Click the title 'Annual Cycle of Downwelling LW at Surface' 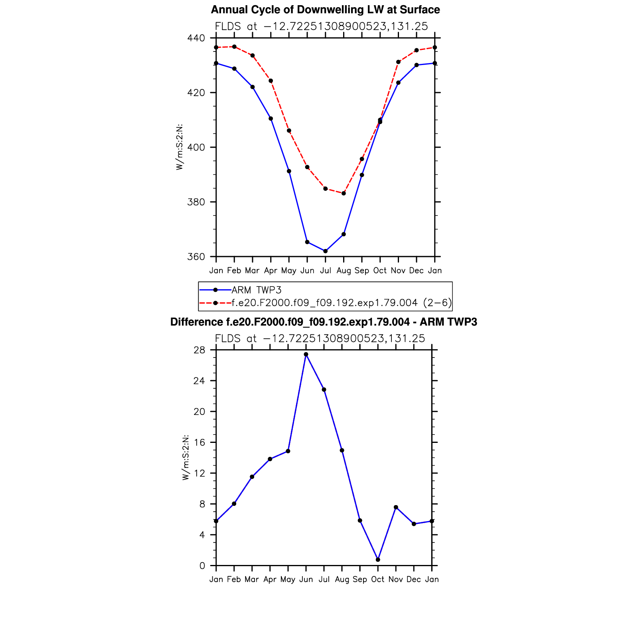click(x=325, y=10)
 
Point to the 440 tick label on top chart click(x=196, y=38)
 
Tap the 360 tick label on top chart click(x=196, y=257)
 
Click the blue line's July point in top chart click(x=326, y=251)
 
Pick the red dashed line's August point click(x=344, y=194)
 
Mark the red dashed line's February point click(x=234, y=47)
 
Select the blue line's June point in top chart click(x=307, y=242)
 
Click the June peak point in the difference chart click(x=306, y=354)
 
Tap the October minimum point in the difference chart click(x=378, y=560)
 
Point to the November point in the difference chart click(x=396, y=507)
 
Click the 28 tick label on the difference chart click(x=199, y=350)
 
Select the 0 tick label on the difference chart click(x=202, y=566)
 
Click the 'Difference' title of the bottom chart click(x=324, y=322)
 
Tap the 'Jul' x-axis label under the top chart click(x=326, y=271)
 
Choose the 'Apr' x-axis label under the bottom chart click(x=270, y=579)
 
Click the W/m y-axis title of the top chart click(x=180, y=147)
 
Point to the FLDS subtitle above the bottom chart click(x=320, y=339)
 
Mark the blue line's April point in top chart click(x=271, y=118)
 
